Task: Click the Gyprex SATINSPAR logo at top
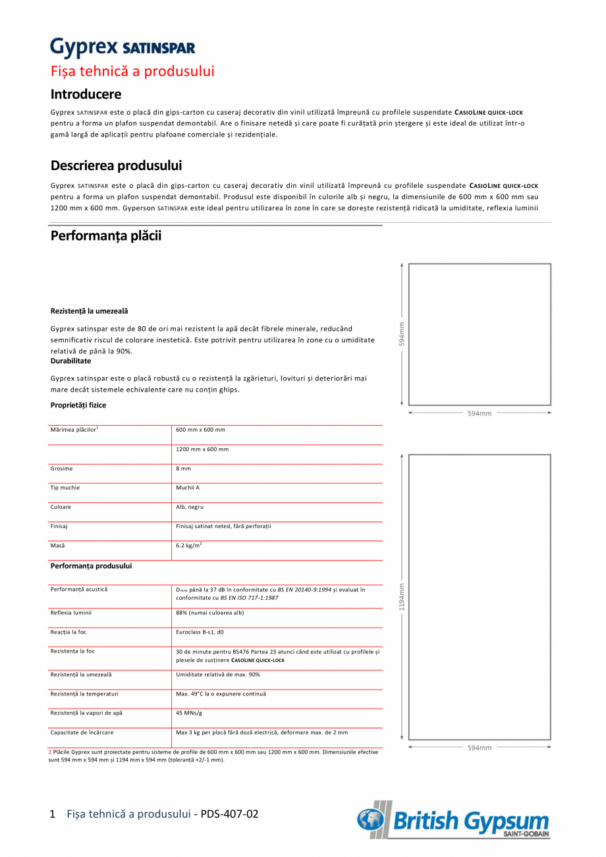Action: [x=123, y=47]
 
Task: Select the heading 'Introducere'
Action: [x=86, y=94]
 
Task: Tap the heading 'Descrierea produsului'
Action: [x=116, y=165]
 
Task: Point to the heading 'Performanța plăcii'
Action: [x=106, y=236]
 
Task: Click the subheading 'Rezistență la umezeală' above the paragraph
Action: [x=90, y=310]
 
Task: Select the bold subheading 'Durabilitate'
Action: [x=70, y=361]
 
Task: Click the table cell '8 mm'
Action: [x=183, y=469]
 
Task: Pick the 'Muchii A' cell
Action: [x=188, y=488]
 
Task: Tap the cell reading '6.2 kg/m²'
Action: [x=188, y=546]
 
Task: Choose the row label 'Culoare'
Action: [x=61, y=508]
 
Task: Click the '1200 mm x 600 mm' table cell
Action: [x=202, y=450]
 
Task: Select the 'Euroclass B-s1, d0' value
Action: [x=200, y=632]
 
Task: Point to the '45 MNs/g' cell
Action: [x=188, y=713]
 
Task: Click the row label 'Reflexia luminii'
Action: [x=71, y=613]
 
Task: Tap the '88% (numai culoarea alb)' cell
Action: [x=209, y=613]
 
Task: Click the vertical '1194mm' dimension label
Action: [x=402, y=597]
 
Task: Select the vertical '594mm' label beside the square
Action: [x=402, y=334]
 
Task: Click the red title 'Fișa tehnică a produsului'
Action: [x=132, y=71]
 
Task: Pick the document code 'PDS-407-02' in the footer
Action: [x=229, y=814]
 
